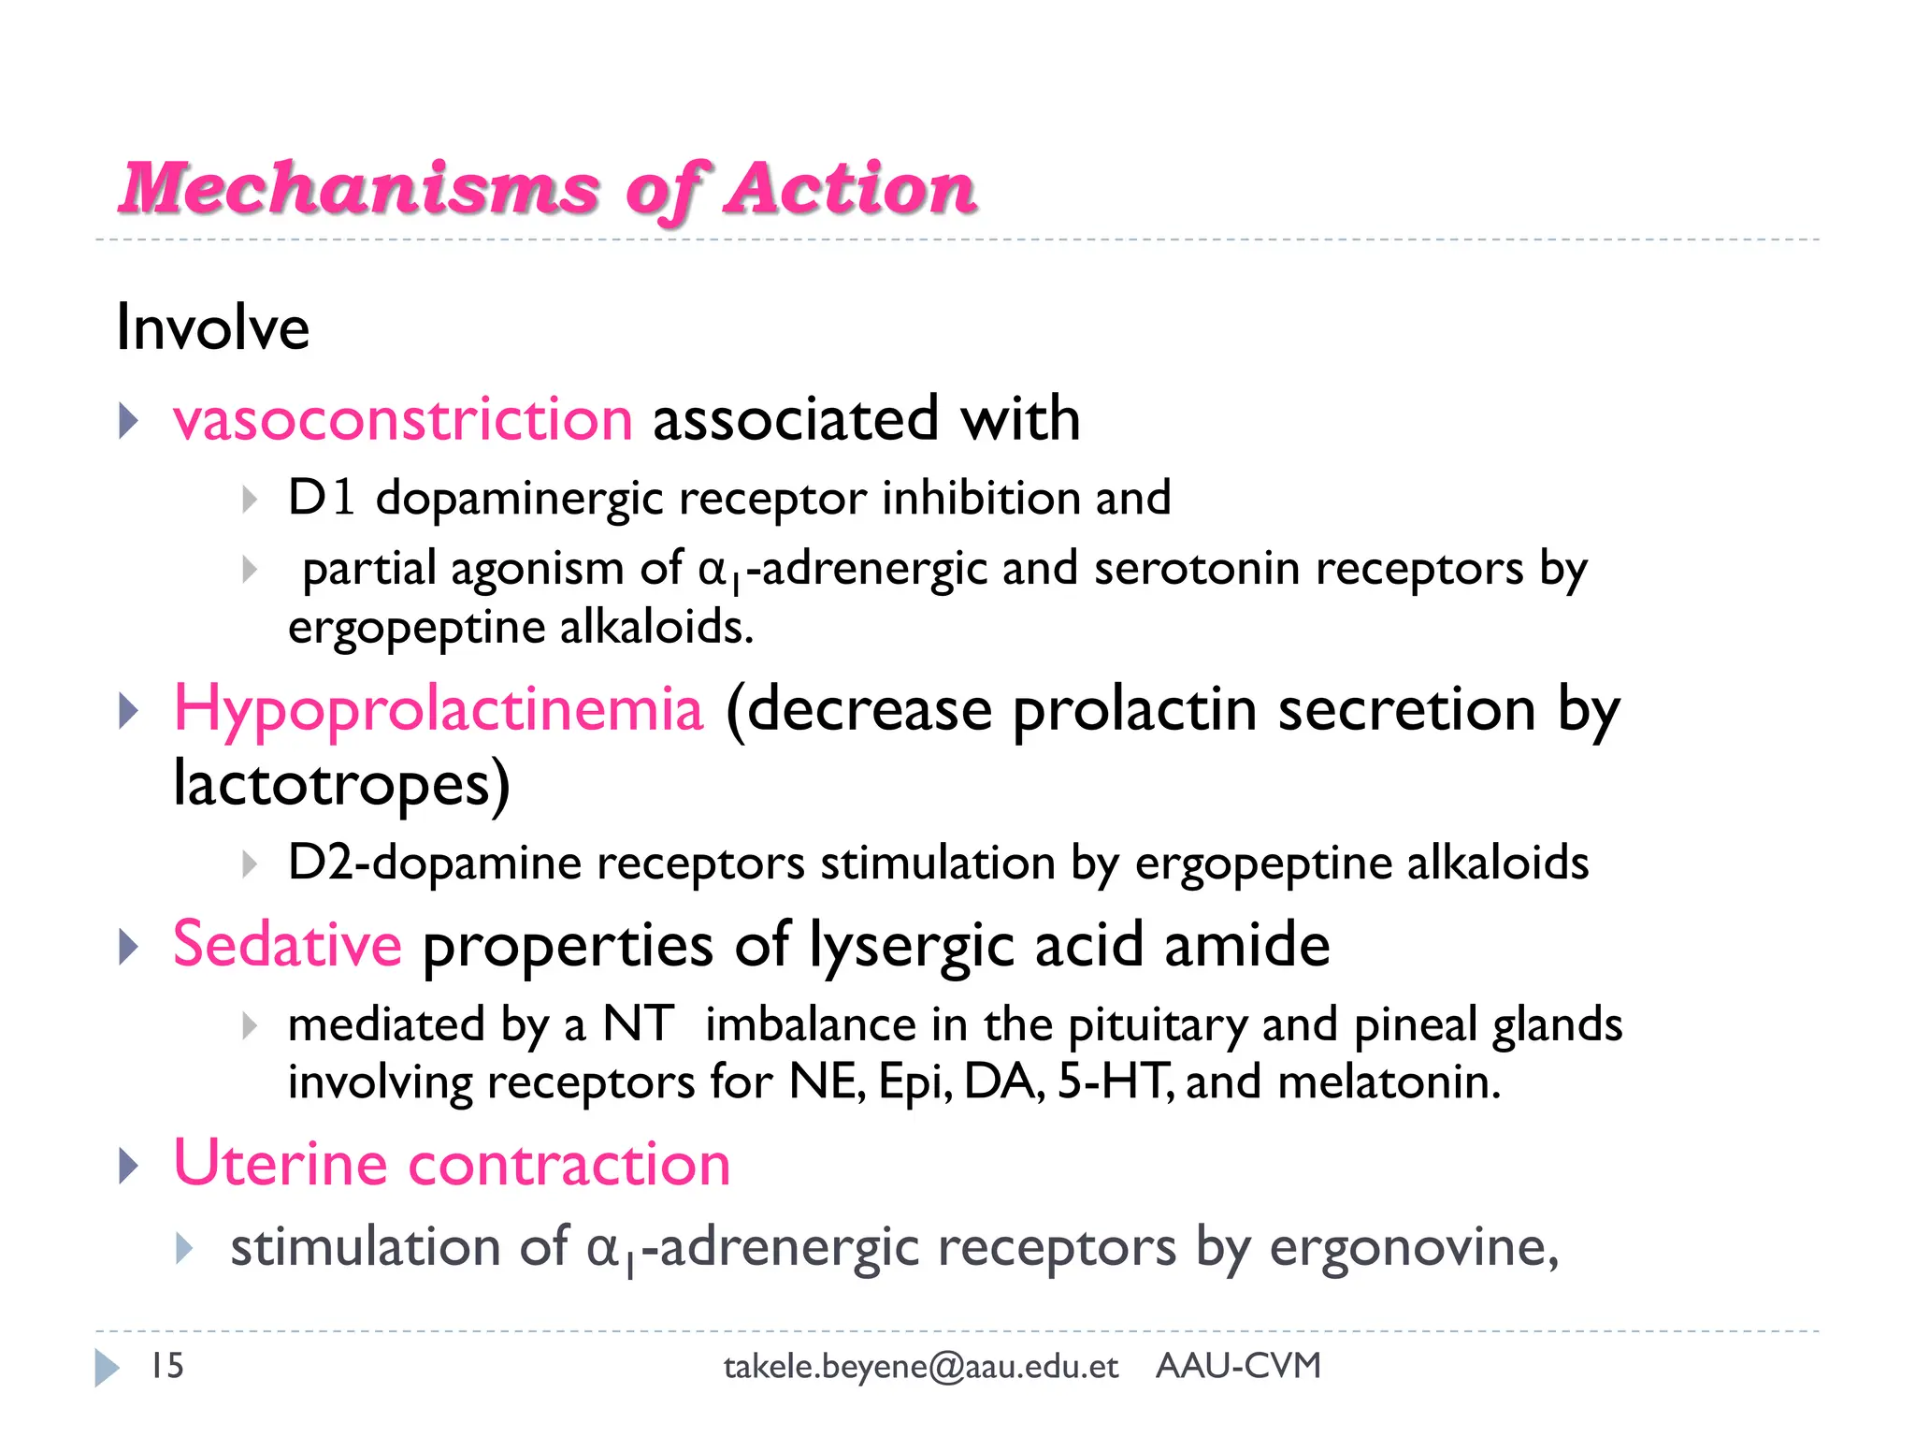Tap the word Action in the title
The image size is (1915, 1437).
[x=851, y=189]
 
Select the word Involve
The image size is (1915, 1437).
[x=212, y=328]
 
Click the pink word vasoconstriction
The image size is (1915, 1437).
[x=403, y=418]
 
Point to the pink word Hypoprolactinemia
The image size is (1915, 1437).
[x=439, y=708]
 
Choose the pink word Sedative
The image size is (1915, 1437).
[x=288, y=944]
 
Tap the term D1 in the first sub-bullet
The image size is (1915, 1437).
[x=321, y=497]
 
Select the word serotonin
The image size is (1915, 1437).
[x=1197, y=569]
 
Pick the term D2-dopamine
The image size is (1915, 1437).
[x=435, y=862]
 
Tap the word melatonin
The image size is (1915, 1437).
[x=1389, y=1082]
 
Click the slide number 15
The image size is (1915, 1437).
[x=167, y=1366]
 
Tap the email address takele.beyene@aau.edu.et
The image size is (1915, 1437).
[x=921, y=1367]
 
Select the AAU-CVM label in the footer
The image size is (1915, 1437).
[x=1238, y=1366]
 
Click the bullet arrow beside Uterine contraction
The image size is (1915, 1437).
[x=129, y=1166]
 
